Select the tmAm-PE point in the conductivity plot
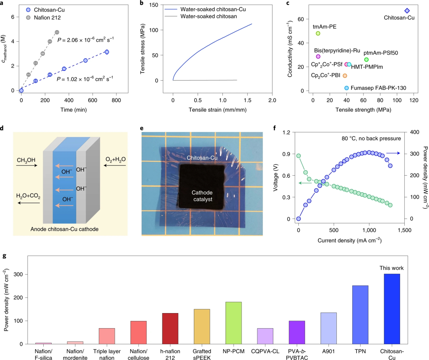[x=318, y=33]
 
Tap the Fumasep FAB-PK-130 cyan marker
[x=346, y=88]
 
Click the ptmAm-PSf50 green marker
[x=366, y=60]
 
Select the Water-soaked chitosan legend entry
[x=209, y=16]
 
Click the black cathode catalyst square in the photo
[x=202, y=187]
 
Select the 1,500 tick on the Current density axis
[x=404, y=229]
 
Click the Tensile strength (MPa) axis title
[x=363, y=109]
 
